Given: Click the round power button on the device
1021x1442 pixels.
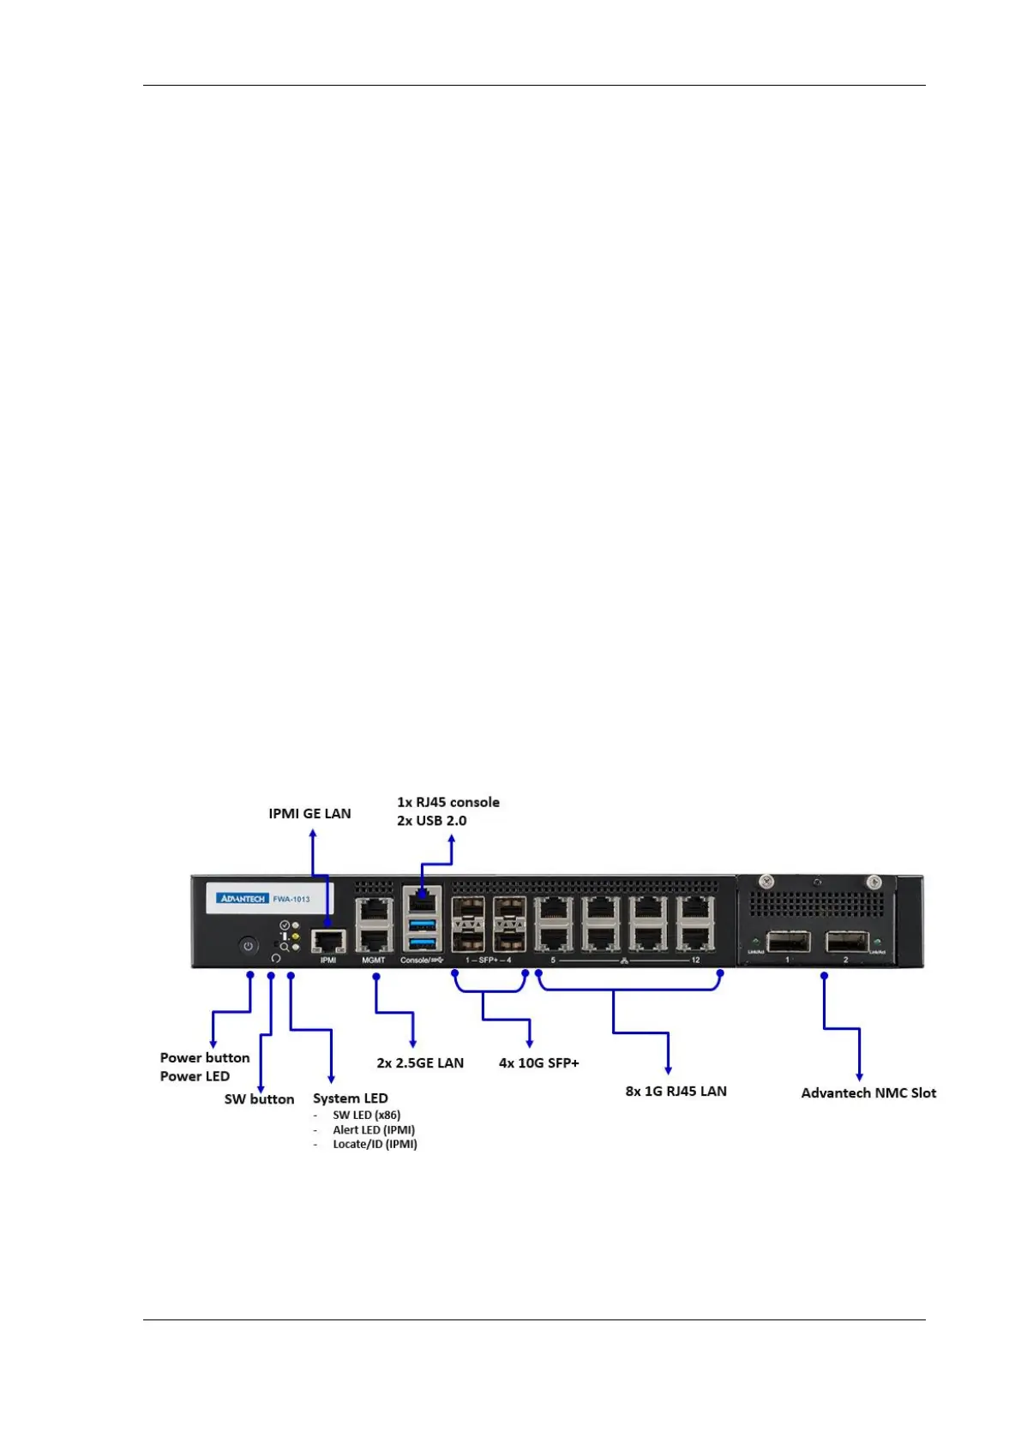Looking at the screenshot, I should (x=248, y=946).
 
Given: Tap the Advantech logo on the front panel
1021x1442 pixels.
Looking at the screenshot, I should (x=243, y=899).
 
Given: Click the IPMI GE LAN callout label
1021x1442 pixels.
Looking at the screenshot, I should (x=309, y=814).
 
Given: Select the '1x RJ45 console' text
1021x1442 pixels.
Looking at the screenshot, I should (x=447, y=803).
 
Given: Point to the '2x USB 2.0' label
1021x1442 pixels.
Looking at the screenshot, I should (x=431, y=821).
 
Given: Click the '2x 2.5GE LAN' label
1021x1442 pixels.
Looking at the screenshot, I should (x=420, y=1063).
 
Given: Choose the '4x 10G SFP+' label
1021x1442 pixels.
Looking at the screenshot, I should (x=538, y=1063).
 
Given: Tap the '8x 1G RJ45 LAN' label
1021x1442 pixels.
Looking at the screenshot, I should (x=676, y=1092).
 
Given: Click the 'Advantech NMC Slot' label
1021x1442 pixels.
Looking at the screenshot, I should (x=868, y=1093).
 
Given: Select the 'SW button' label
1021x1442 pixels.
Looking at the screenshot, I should (x=259, y=1099).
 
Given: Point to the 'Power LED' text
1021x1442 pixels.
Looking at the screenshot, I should (x=195, y=1077).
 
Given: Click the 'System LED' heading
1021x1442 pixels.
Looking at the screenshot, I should (x=350, y=1098).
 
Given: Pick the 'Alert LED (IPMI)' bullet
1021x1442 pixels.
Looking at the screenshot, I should (x=374, y=1130).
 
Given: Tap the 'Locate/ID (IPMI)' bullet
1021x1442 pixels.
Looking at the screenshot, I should (x=375, y=1145).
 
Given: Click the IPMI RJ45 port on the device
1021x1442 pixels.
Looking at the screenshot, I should (x=328, y=941).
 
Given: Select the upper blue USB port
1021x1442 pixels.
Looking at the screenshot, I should (x=422, y=924).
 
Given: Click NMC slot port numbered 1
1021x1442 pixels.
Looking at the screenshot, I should (x=788, y=942).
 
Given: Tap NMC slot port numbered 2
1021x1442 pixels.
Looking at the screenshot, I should (x=846, y=942).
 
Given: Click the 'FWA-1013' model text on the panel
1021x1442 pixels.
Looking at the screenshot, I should (x=291, y=899).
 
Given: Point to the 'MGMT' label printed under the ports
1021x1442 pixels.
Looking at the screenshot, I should (x=373, y=960).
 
